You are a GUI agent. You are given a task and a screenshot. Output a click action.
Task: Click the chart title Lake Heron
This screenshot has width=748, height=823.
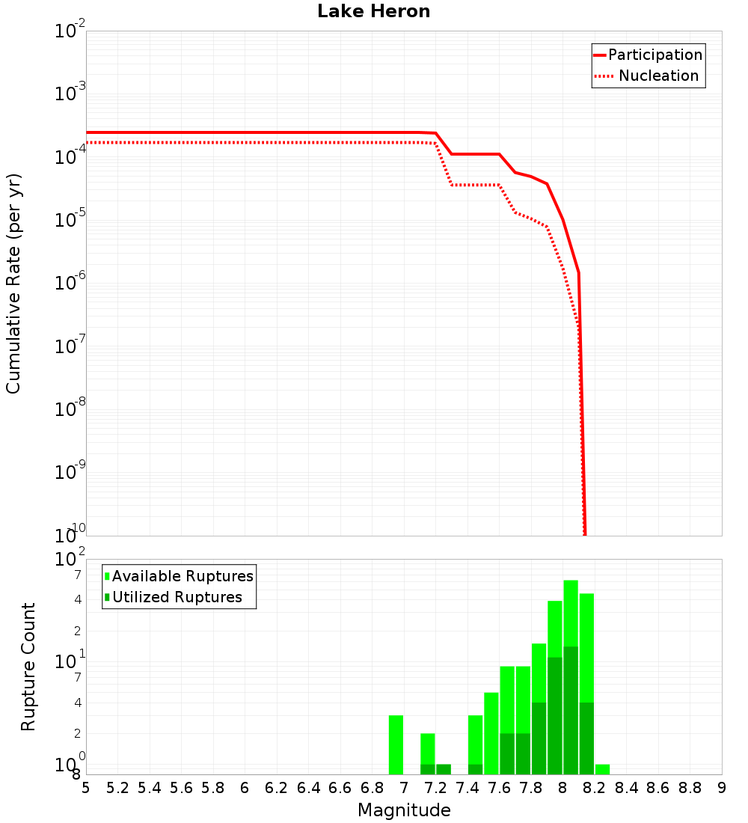click(373, 11)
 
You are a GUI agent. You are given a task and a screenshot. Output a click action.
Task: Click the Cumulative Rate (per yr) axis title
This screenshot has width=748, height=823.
click(13, 284)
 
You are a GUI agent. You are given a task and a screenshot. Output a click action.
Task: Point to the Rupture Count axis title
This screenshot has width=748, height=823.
click(28, 667)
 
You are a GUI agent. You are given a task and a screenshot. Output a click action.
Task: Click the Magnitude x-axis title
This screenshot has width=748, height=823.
click(404, 810)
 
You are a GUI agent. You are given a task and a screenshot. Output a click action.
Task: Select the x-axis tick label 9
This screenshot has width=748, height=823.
click(722, 788)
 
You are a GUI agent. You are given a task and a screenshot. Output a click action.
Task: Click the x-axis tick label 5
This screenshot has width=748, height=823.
click(86, 788)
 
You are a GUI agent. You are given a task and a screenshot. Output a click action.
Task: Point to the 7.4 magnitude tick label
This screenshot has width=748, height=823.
click(467, 788)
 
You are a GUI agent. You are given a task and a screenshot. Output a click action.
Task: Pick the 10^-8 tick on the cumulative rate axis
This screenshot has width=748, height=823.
click(71, 409)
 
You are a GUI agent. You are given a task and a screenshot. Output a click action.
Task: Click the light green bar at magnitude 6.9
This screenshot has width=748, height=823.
click(396, 744)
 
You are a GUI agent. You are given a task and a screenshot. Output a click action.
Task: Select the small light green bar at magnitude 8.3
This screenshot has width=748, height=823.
click(602, 769)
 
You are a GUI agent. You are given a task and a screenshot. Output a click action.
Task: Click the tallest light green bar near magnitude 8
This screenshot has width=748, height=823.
click(571, 614)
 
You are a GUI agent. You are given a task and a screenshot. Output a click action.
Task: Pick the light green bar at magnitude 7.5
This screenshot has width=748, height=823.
click(491, 733)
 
